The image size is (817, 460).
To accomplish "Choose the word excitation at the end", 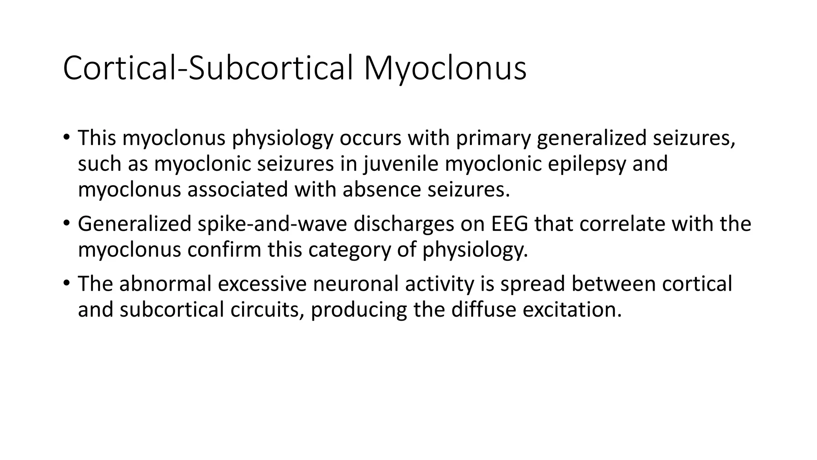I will click(572, 309).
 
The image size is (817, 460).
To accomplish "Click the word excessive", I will click(262, 284).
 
